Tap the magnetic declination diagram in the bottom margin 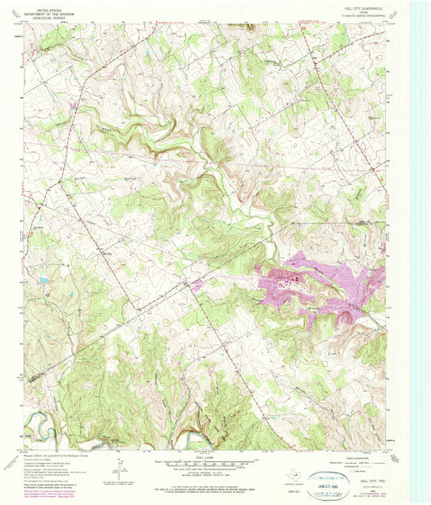[x=118, y=467]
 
